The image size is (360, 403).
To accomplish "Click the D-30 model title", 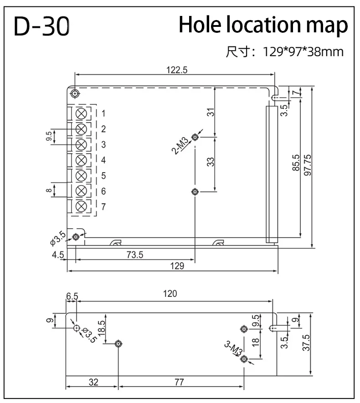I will [x=41, y=27].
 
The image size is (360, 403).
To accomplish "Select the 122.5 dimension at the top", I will [x=177, y=70].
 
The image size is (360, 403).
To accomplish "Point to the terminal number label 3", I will [x=103, y=144].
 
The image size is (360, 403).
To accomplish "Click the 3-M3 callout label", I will [x=233, y=350].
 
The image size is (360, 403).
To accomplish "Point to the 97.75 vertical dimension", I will [x=308, y=166].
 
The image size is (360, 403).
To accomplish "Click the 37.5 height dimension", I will [x=306, y=344].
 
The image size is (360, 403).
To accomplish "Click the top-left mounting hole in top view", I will [x=75, y=94].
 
